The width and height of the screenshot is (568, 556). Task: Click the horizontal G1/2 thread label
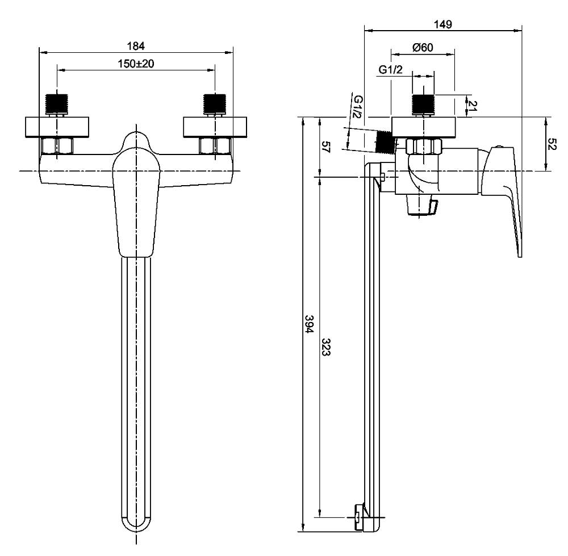390,70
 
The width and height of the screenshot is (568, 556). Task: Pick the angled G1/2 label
357,107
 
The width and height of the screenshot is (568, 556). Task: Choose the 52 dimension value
552,144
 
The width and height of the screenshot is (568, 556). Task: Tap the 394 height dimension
309,324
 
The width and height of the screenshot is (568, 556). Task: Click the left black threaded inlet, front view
57,103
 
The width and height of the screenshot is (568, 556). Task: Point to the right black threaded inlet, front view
215,103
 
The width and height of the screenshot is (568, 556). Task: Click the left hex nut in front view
57,147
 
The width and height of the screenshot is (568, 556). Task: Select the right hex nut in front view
215,147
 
